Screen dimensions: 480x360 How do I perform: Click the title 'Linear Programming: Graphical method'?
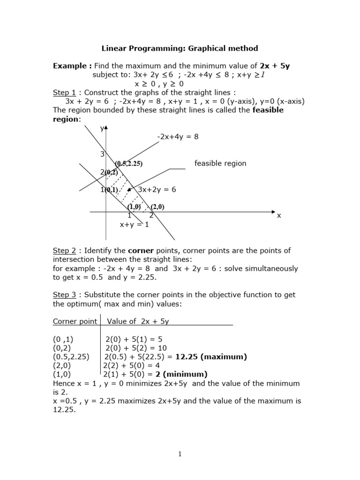pyautogui.click(x=180, y=48)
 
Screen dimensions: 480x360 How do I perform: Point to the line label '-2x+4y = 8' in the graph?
pyautogui.click(x=178, y=137)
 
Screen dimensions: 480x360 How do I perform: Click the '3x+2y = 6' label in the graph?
pyautogui.click(x=157, y=189)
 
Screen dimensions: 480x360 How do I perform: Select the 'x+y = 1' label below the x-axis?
pyautogui.click(x=134, y=225)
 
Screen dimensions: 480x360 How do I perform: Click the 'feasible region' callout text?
pyautogui.click(x=220, y=164)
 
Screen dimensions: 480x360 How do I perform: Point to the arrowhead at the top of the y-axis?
pyautogui.click(x=106, y=128)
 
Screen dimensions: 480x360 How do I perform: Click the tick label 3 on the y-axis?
pyautogui.click(x=102, y=154)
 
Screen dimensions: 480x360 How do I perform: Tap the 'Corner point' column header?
pyautogui.click(x=75, y=321)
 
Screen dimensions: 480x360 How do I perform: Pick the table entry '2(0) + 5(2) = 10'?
pyautogui.click(x=136, y=348)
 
